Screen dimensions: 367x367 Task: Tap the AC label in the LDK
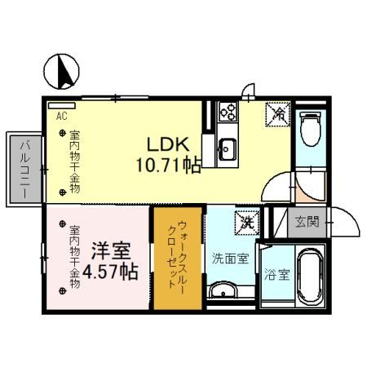pyautogui.click(x=61, y=115)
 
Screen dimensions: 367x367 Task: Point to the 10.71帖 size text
pyautogui.click(x=169, y=165)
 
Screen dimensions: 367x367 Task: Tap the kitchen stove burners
pyautogui.click(x=226, y=112)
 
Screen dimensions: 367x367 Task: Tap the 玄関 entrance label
pyautogui.click(x=307, y=220)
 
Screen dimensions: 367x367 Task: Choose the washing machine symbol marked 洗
pyautogui.click(x=245, y=221)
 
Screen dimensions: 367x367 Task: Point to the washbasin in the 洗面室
pyautogui.click(x=222, y=291)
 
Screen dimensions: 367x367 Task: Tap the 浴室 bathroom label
pyautogui.click(x=276, y=275)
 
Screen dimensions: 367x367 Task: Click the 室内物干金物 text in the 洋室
pyautogui.click(x=74, y=254)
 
